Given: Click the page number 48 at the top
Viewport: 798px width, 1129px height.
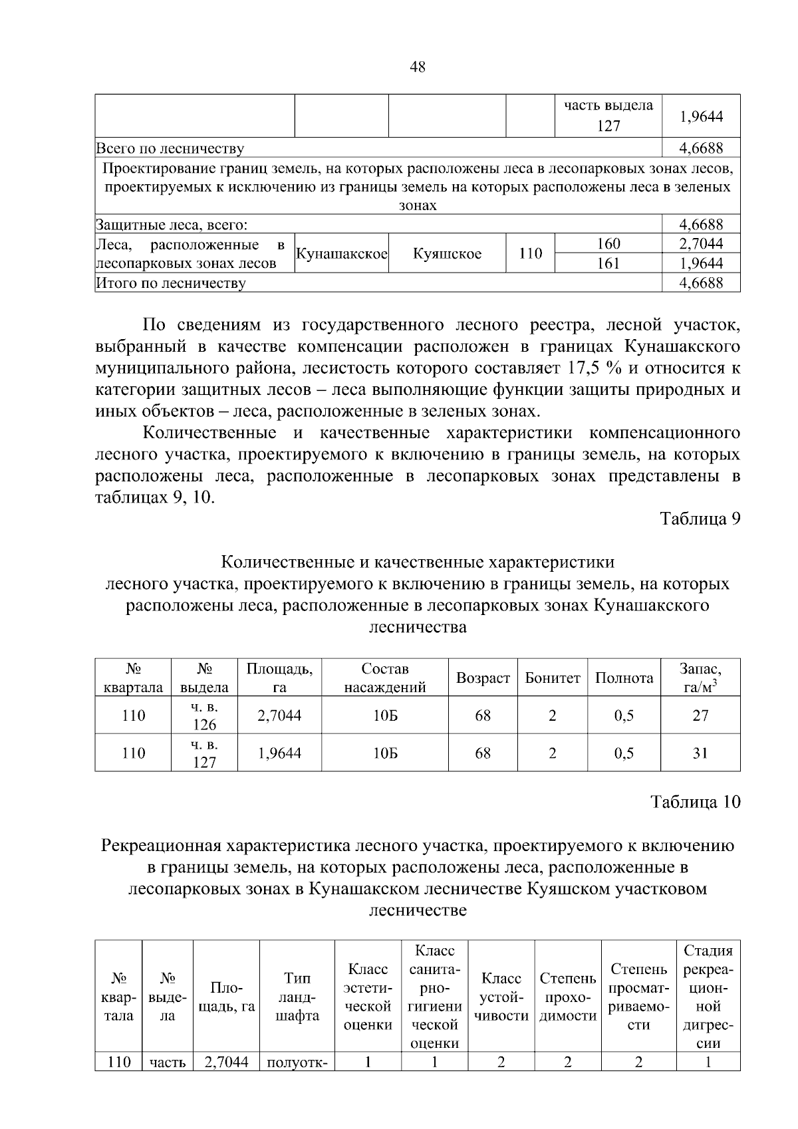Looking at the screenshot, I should coord(418,66).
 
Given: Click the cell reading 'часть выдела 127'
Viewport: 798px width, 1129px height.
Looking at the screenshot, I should coord(608,116).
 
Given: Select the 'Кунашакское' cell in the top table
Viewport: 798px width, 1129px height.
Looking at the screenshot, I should coord(342,254).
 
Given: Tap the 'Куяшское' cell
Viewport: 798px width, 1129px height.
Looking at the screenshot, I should coord(447,254).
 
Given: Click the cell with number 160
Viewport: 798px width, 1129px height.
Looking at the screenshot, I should coord(608,243).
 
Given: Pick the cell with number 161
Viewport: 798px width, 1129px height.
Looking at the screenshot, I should coord(608,263).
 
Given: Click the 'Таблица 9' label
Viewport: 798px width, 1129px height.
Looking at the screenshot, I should coord(700,519).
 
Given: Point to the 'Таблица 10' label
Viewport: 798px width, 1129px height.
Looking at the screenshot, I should coord(695,802).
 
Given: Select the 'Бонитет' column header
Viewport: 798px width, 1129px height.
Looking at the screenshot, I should coord(552,678).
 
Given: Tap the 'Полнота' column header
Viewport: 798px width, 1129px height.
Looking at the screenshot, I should coord(624,678).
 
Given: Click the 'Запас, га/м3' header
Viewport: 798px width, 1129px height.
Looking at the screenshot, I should coord(700,678).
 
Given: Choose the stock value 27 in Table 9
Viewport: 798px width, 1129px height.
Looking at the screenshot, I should coord(700,715).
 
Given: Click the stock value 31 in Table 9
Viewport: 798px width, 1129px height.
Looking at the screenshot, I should coord(700,753).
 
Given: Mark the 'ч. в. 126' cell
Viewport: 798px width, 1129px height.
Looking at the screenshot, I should coord(204,715).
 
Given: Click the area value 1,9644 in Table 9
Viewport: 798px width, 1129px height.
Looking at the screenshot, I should coord(279,753).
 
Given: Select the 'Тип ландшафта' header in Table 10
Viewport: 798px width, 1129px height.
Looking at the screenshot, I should coord(297,997).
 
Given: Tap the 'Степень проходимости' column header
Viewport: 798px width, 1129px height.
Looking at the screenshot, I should coord(567,997).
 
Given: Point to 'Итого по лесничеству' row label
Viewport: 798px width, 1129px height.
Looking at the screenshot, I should coord(172,284).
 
